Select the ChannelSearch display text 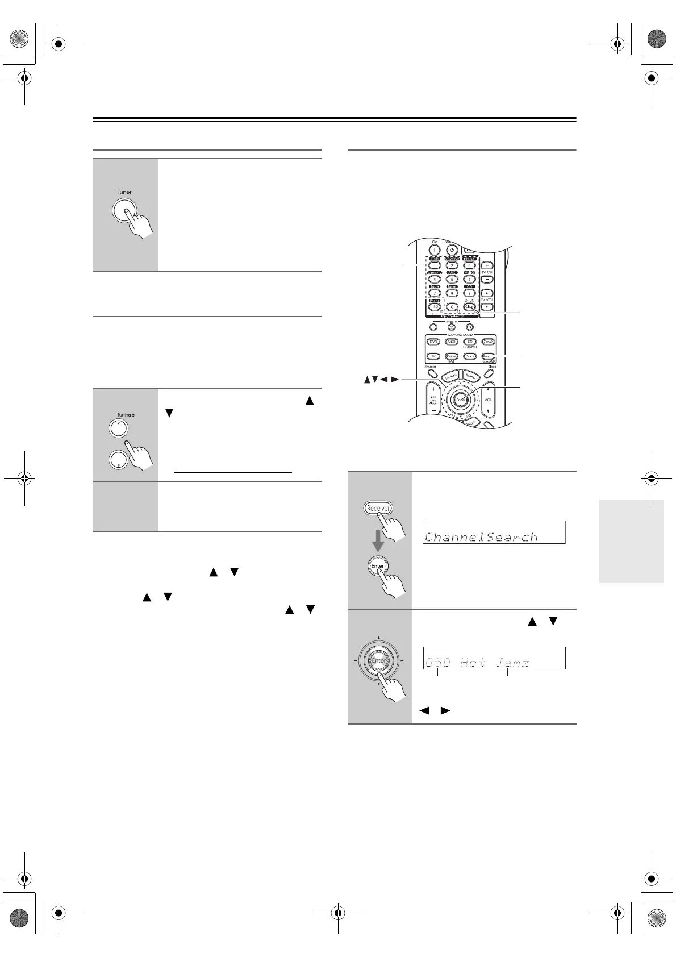[x=482, y=537]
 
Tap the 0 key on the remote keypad [x=452, y=306]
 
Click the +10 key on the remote [x=434, y=306]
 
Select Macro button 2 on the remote [x=452, y=327]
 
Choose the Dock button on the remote [x=469, y=356]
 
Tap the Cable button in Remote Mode [x=452, y=356]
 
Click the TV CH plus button [x=487, y=265]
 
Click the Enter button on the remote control [x=461, y=400]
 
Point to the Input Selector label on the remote [x=452, y=316]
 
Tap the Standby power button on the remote [x=452, y=250]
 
